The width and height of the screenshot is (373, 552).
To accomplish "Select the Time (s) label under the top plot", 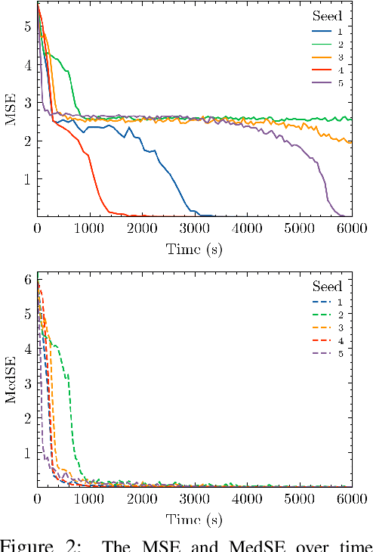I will tap(195, 249).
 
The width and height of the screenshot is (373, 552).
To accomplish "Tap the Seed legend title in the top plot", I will tap(328, 15).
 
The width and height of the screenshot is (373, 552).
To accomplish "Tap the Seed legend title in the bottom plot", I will tap(328, 287).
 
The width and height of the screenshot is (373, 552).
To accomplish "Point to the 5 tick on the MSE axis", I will tap(28, 26).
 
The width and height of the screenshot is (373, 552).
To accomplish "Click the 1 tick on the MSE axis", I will tap(28, 179).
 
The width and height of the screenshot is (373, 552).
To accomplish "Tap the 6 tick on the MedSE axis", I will tap(28, 280).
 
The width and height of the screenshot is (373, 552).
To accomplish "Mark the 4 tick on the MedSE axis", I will tap(28, 349).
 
